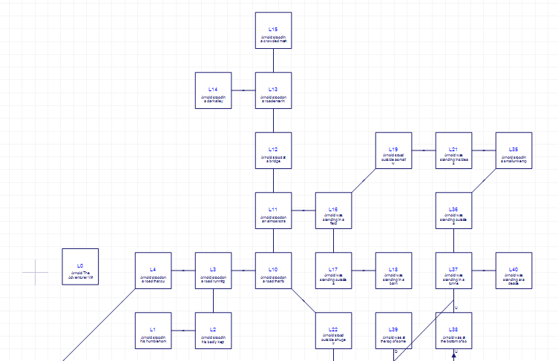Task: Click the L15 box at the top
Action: click(x=273, y=30)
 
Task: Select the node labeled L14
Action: click(x=213, y=90)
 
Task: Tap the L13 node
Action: click(x=273, y=90)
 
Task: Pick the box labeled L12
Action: click(x=273, y=150)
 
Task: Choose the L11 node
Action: click(x=273, y=211)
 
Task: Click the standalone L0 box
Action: click(x=80, y=267)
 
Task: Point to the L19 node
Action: click(x=393, y=150)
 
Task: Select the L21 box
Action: click(x=453, y=150)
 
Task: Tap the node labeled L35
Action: click(x=513, y=150)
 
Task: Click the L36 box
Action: click(x=453, y=211)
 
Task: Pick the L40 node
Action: click(x=513, y=271)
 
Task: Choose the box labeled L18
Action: click(x=393, y=271)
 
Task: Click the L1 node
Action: click(x=153, y=331)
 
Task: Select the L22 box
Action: click(x=333, y=331)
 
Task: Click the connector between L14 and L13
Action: click(x=243, y=90)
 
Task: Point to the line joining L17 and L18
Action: click(x=364, y=271)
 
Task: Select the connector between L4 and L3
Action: click(x=183, y=271)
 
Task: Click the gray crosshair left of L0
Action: click(x=35, y=272)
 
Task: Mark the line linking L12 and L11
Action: click(x=273, y=180)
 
